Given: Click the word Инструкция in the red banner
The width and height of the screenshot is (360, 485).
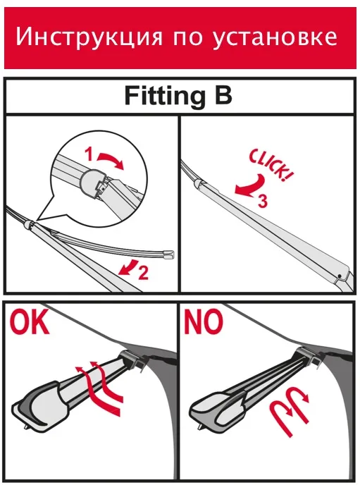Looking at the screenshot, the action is pyautogui.click(x=89, y=38).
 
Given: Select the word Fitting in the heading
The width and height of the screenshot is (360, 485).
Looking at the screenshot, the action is pyautogui.click(x=165, y=97).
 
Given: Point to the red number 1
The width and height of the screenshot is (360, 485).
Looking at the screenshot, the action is pyautogui.click(x=89, y=154).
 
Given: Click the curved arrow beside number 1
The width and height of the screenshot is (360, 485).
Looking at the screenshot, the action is pyautogui.click(x=111, y=160).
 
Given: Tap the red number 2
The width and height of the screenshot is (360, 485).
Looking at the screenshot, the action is pyautogui.click(x=143, y=272).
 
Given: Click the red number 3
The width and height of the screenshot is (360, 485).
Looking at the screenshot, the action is pyautogui.click(x=263, y=202).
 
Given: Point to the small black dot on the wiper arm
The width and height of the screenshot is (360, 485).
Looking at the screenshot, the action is pyautogui.click(x=340, y=276).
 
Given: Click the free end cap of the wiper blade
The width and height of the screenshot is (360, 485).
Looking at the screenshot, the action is pyautogui.click(x=168, y=254).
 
